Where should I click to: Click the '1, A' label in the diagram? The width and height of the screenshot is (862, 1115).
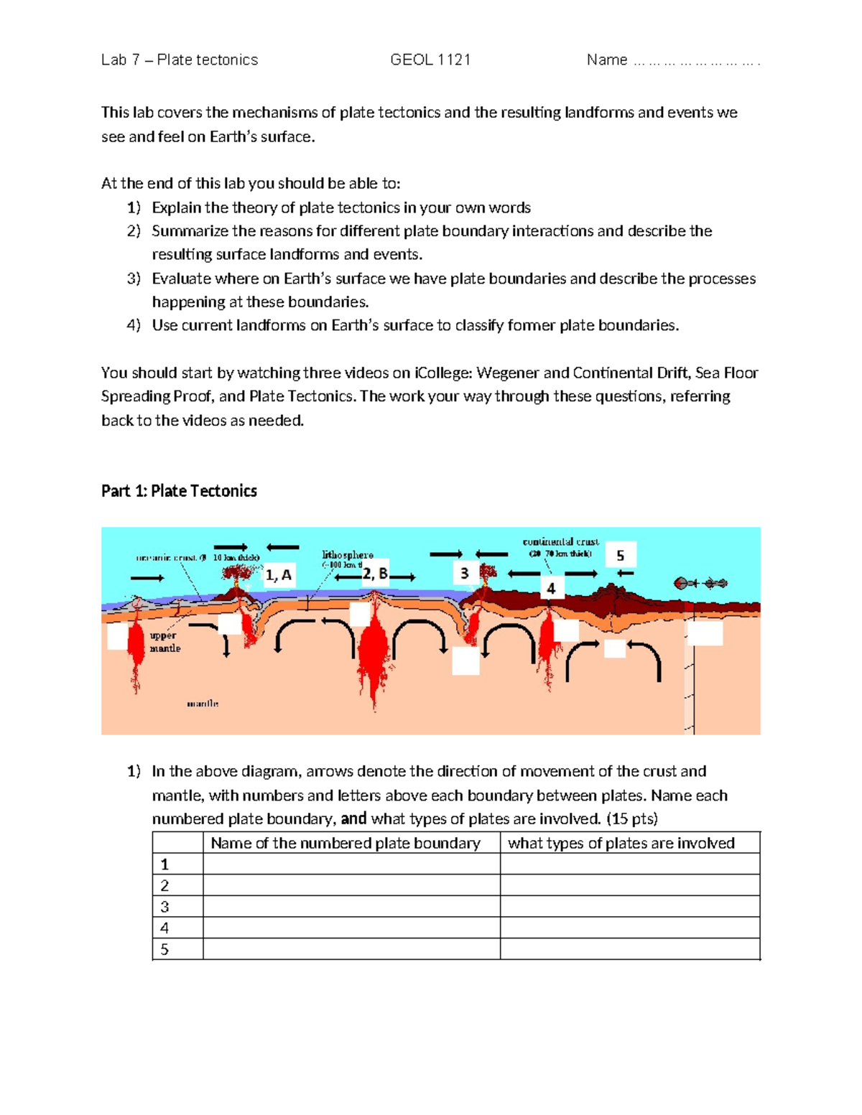278,575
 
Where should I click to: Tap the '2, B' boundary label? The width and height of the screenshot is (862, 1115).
374,573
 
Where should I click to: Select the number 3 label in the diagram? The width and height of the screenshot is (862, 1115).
465,573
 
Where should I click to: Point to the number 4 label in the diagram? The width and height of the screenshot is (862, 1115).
551,589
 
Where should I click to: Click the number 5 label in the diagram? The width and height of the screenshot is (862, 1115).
621,556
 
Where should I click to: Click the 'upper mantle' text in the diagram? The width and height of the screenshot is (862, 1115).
164,642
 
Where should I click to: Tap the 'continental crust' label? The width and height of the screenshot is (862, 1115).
560,542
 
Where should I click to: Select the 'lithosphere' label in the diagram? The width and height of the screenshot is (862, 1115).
348,555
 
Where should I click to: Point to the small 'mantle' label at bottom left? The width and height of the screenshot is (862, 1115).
203,704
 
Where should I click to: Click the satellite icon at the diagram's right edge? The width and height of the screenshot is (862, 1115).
700,583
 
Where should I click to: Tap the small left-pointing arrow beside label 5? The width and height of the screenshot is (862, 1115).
625,574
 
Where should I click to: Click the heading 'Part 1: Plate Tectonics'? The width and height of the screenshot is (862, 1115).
179,491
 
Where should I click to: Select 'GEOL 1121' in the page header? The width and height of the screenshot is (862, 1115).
430,60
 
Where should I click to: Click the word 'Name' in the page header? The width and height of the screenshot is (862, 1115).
607,60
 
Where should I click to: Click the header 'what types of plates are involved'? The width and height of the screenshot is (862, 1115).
621,843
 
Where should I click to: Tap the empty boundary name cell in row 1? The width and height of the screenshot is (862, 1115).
351,864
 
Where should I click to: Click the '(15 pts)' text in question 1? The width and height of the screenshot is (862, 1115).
632,819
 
